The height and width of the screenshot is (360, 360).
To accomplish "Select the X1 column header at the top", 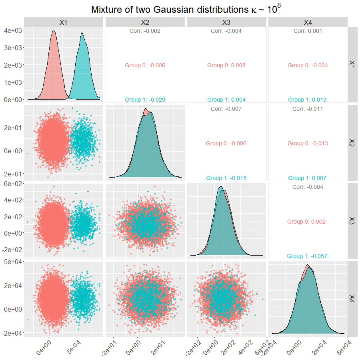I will pyautogui.click(x=63, y=22).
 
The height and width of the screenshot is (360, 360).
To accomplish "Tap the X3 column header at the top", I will pyautogui.click(x=226, y=22).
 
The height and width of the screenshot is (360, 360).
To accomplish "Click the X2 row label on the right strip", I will pyautogui.click(x=352, y=143).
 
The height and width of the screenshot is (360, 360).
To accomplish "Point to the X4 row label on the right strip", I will pyautogui.click(x=352, y=298).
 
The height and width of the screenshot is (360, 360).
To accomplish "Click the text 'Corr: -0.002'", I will pyautogui.click(x=145, y=31).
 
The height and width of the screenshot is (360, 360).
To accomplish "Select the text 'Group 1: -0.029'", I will pyautogui.click(x=145, y=100).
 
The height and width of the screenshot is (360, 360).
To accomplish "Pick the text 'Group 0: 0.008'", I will pyautogui.click(x=226, y=65).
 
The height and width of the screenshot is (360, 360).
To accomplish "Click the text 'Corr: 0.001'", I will pyautogui.click(x=308, y=31).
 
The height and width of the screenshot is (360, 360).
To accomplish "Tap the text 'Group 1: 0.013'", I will pyautogui.click(x=308, y=100).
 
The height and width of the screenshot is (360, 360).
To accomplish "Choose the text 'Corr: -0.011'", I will pyautogui.click(x=308, y=109).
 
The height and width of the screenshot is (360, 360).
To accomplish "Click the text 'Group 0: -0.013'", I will pyautogui.click(x=308, y=143).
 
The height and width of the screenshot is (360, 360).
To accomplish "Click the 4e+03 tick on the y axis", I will pyautogui.click(x=12, y=30).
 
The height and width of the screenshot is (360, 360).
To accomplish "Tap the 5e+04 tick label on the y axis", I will pyautogui.click(x=12, y=262).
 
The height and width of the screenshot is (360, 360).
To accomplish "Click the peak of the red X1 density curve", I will pyautogui.click(x=54, y=30).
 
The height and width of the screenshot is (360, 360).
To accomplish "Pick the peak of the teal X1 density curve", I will pyautogui.click(x=82, y=33).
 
